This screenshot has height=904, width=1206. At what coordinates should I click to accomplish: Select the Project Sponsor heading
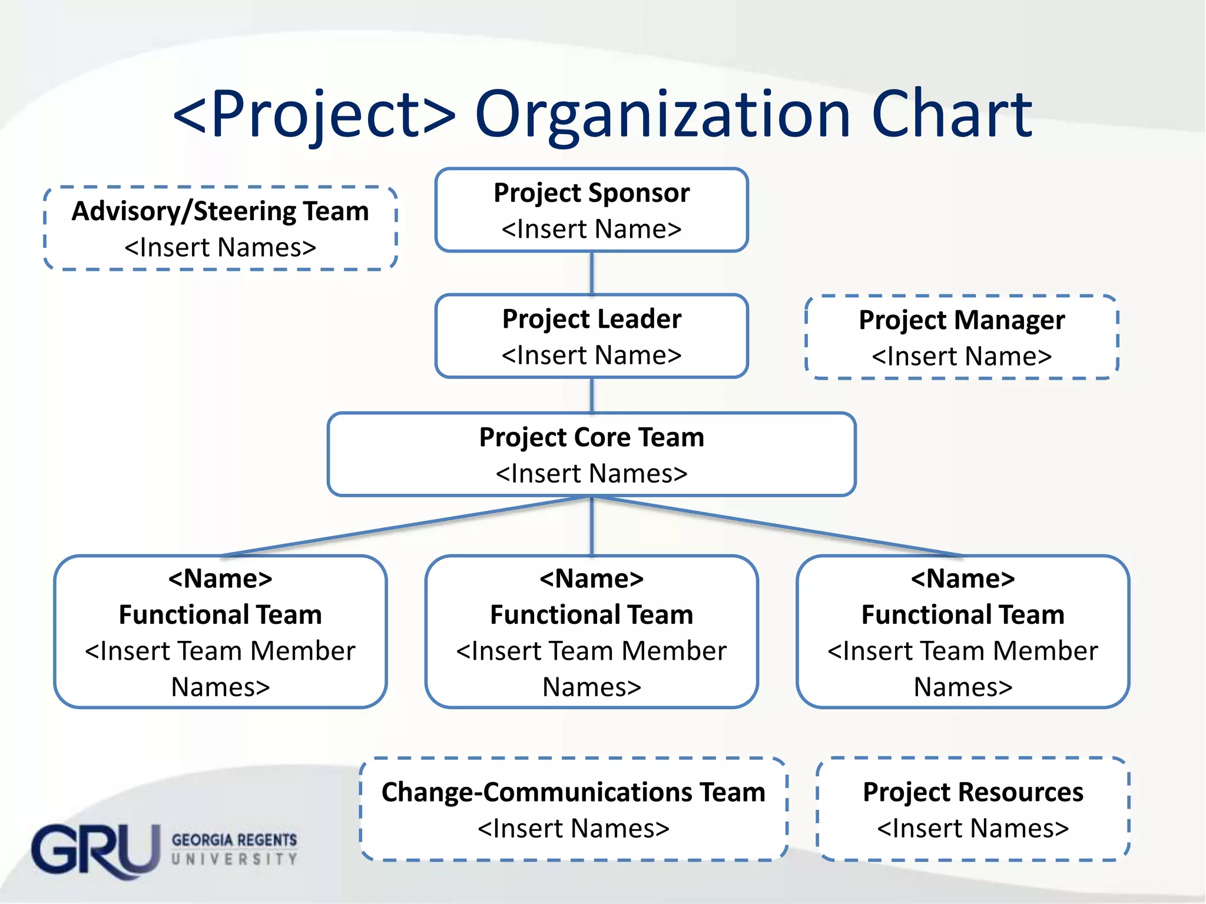(591, 193)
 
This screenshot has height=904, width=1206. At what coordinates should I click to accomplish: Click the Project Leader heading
(591, 319)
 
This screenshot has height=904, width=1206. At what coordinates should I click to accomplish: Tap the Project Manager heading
(962, 320)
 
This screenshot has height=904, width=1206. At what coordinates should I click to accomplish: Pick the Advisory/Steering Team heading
(220, 211)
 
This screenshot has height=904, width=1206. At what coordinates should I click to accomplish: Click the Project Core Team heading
(591, 437)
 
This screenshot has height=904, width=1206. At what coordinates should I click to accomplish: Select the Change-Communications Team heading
(573, 792)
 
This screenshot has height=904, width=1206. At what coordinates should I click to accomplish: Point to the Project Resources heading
(973, 792)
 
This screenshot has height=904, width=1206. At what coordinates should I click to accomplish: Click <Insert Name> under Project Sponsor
(591, 229)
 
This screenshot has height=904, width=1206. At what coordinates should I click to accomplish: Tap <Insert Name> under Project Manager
(962, 357)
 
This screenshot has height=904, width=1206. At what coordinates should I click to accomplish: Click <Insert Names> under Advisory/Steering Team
(220, 248)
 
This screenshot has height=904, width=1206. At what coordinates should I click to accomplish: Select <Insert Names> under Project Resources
(973, 829)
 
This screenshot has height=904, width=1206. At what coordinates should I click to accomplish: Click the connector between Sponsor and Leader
(592, 273)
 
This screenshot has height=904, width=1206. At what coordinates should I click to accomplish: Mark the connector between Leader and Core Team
(592, 395)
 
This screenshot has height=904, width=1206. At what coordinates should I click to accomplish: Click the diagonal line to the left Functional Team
(406, 526)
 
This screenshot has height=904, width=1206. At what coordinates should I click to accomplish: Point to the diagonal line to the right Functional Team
(777, 526)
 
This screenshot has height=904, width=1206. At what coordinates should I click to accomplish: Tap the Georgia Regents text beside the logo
(234, 840)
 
